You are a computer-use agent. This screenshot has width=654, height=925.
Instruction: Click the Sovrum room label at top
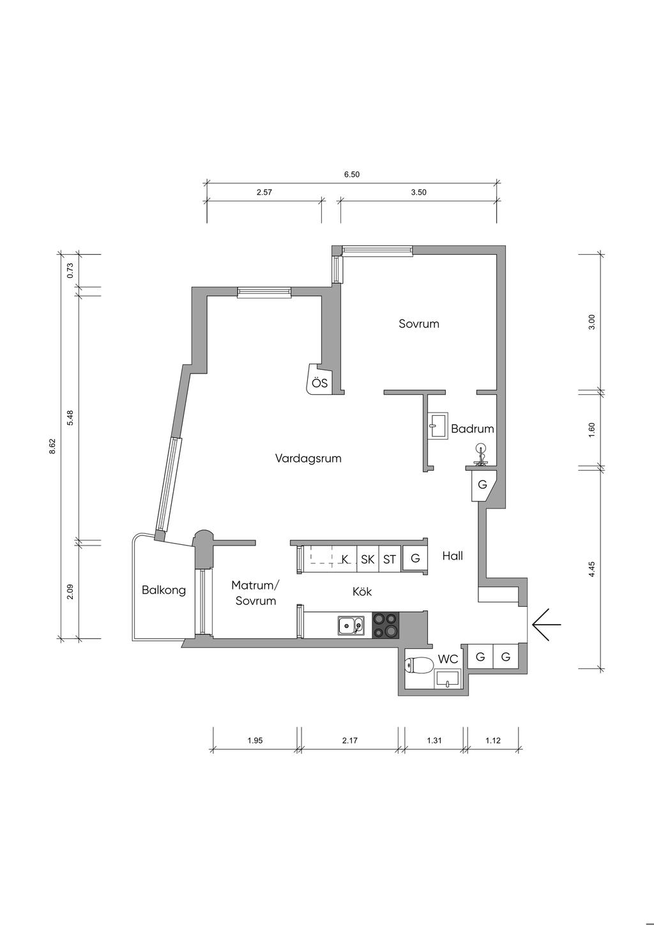click(x=419, y=323)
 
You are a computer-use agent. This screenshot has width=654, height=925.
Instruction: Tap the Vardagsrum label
click(x=308, y=459)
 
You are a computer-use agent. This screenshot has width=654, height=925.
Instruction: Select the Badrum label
click(x=473, y=429)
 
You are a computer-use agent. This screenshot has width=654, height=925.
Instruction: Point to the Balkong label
click(x=163, y=590)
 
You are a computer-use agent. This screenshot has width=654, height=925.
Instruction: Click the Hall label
click(x=453, y=556)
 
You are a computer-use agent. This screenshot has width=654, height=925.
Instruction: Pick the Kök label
click(x=362, y=592)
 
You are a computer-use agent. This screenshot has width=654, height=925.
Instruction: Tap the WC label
click(x=448, y=659)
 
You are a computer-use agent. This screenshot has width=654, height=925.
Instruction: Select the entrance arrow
click(x=546, y=624)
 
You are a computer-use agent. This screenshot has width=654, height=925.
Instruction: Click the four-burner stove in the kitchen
click(x=386, y=625)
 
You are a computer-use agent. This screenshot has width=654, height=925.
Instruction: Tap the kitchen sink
click(x=351, y=627)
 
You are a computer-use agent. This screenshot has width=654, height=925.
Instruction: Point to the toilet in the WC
click(x=419, y=666)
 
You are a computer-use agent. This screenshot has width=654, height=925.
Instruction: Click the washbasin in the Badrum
click(x=437, y=425)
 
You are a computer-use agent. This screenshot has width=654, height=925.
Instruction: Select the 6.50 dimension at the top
click(x=352, y=174)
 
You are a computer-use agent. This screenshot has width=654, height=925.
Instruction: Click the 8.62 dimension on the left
click(x=52, y=447)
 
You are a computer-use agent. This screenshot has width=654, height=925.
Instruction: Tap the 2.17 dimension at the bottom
click(x=350, y=740)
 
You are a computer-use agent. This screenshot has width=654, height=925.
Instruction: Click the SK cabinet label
click(x=367, y=560)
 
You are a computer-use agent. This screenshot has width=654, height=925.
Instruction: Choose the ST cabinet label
click(x=390, y=560)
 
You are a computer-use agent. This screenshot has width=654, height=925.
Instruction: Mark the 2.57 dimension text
click(x=264, y=192)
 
